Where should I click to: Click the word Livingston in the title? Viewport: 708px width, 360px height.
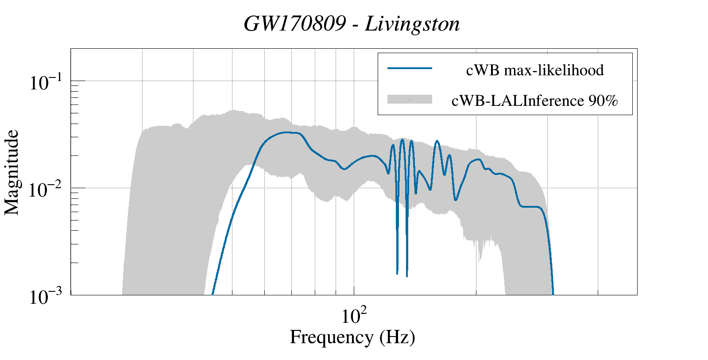[412, 24]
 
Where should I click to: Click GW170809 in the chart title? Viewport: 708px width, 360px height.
[294, 24]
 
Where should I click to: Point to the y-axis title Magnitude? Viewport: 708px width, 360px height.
[12, 172]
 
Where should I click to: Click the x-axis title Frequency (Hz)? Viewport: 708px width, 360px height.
[352, 337]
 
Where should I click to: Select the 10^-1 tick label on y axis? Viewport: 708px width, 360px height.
[47, 83]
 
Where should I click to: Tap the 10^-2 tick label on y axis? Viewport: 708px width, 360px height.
[47, 190]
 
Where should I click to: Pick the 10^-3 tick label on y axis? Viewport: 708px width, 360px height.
[47, 297]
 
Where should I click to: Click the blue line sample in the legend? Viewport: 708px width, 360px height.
[410, 68]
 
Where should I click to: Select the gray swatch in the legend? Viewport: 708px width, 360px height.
[410, 100]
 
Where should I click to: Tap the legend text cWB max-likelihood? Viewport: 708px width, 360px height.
[535, 70]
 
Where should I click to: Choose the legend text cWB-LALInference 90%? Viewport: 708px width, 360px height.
[534, 101]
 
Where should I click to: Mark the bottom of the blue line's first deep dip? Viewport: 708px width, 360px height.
[397, 273]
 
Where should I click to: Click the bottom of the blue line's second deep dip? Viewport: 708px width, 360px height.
[406, 275]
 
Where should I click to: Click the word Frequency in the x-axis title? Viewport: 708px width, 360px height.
[332, 337]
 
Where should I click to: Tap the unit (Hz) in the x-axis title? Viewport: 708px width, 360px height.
[397, 337]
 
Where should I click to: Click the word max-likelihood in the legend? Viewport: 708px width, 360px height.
[554, 70]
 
